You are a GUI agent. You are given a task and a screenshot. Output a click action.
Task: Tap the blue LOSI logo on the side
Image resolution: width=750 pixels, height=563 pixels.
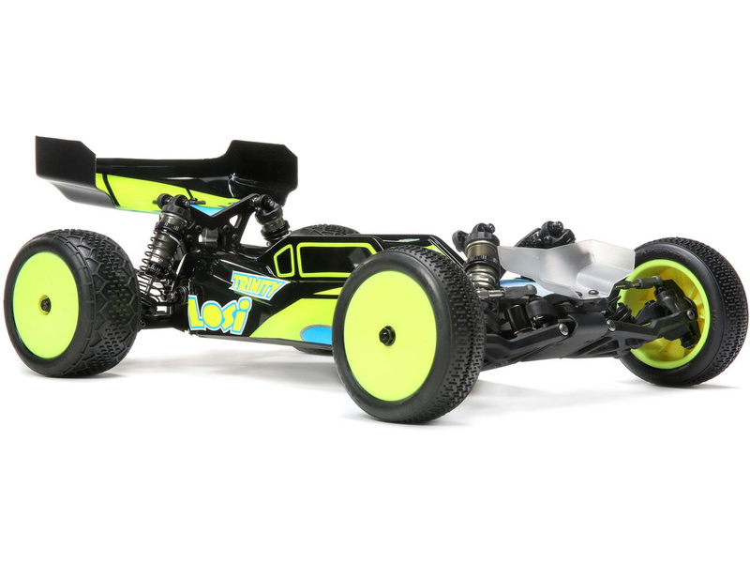click(219, 313)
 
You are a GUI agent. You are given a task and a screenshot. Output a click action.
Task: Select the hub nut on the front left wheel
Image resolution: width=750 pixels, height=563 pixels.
click(386, 334)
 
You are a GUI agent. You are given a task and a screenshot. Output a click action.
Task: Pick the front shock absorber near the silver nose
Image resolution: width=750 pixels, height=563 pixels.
click(475, 259)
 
